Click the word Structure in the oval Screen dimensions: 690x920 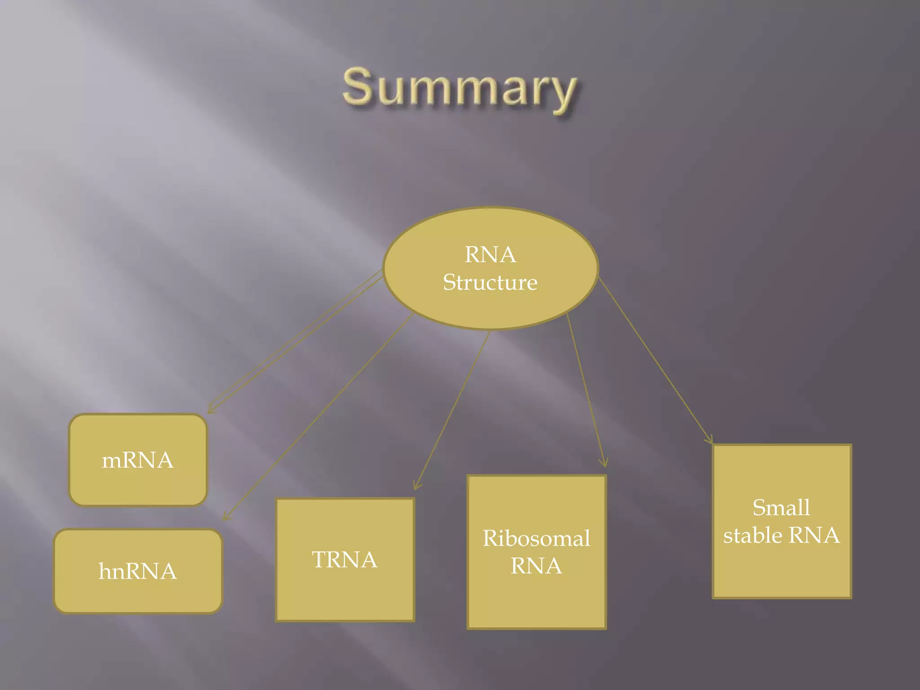coord(490,283)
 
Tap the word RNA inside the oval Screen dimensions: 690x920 coord(490,255)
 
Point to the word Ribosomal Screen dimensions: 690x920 coord(536,538)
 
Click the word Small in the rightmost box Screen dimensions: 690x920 coord(781,508)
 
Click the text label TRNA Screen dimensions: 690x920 coord(345,560)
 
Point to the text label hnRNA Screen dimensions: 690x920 coord(138,571)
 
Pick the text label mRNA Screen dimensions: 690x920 coord(137,460)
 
